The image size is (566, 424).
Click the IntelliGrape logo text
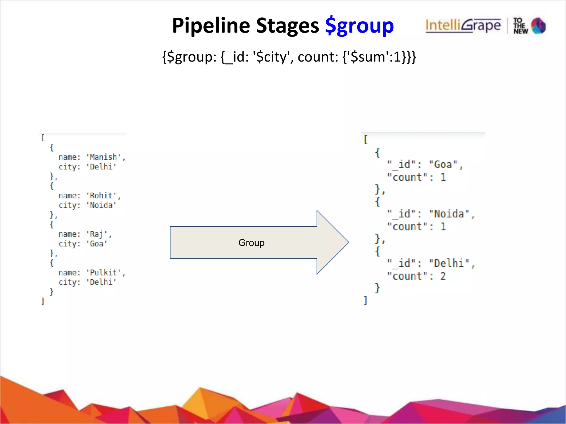pyautogui.click(x=463, y=26)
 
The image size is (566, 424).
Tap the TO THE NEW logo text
pyautogui.click(x=520, y=26)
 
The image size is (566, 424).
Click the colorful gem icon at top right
pyautogui.click(x=538, y=26)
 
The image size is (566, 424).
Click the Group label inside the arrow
pyautogui.click(x=251, y=243)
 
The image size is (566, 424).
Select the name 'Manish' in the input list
pyautogui.click(x=104, y=157)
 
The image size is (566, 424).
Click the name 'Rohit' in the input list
pyautogui.click(x=101, y=195)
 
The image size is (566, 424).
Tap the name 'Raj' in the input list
pyautogui.click(x=97, y=234)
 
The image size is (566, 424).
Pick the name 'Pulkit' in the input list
pyautogui.click(x=104, y=272)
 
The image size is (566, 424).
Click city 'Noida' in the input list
pyautogui.click(x=101, y=205)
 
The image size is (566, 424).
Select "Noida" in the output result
pyautogui.click(x=449, y=214)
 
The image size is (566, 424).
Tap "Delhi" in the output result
pyautogui.click(x=449, y=263)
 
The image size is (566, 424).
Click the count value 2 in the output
pyautogui.click(x=443, y=276)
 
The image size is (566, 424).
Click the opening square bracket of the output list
pyautogui.click(x=365, y=140)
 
